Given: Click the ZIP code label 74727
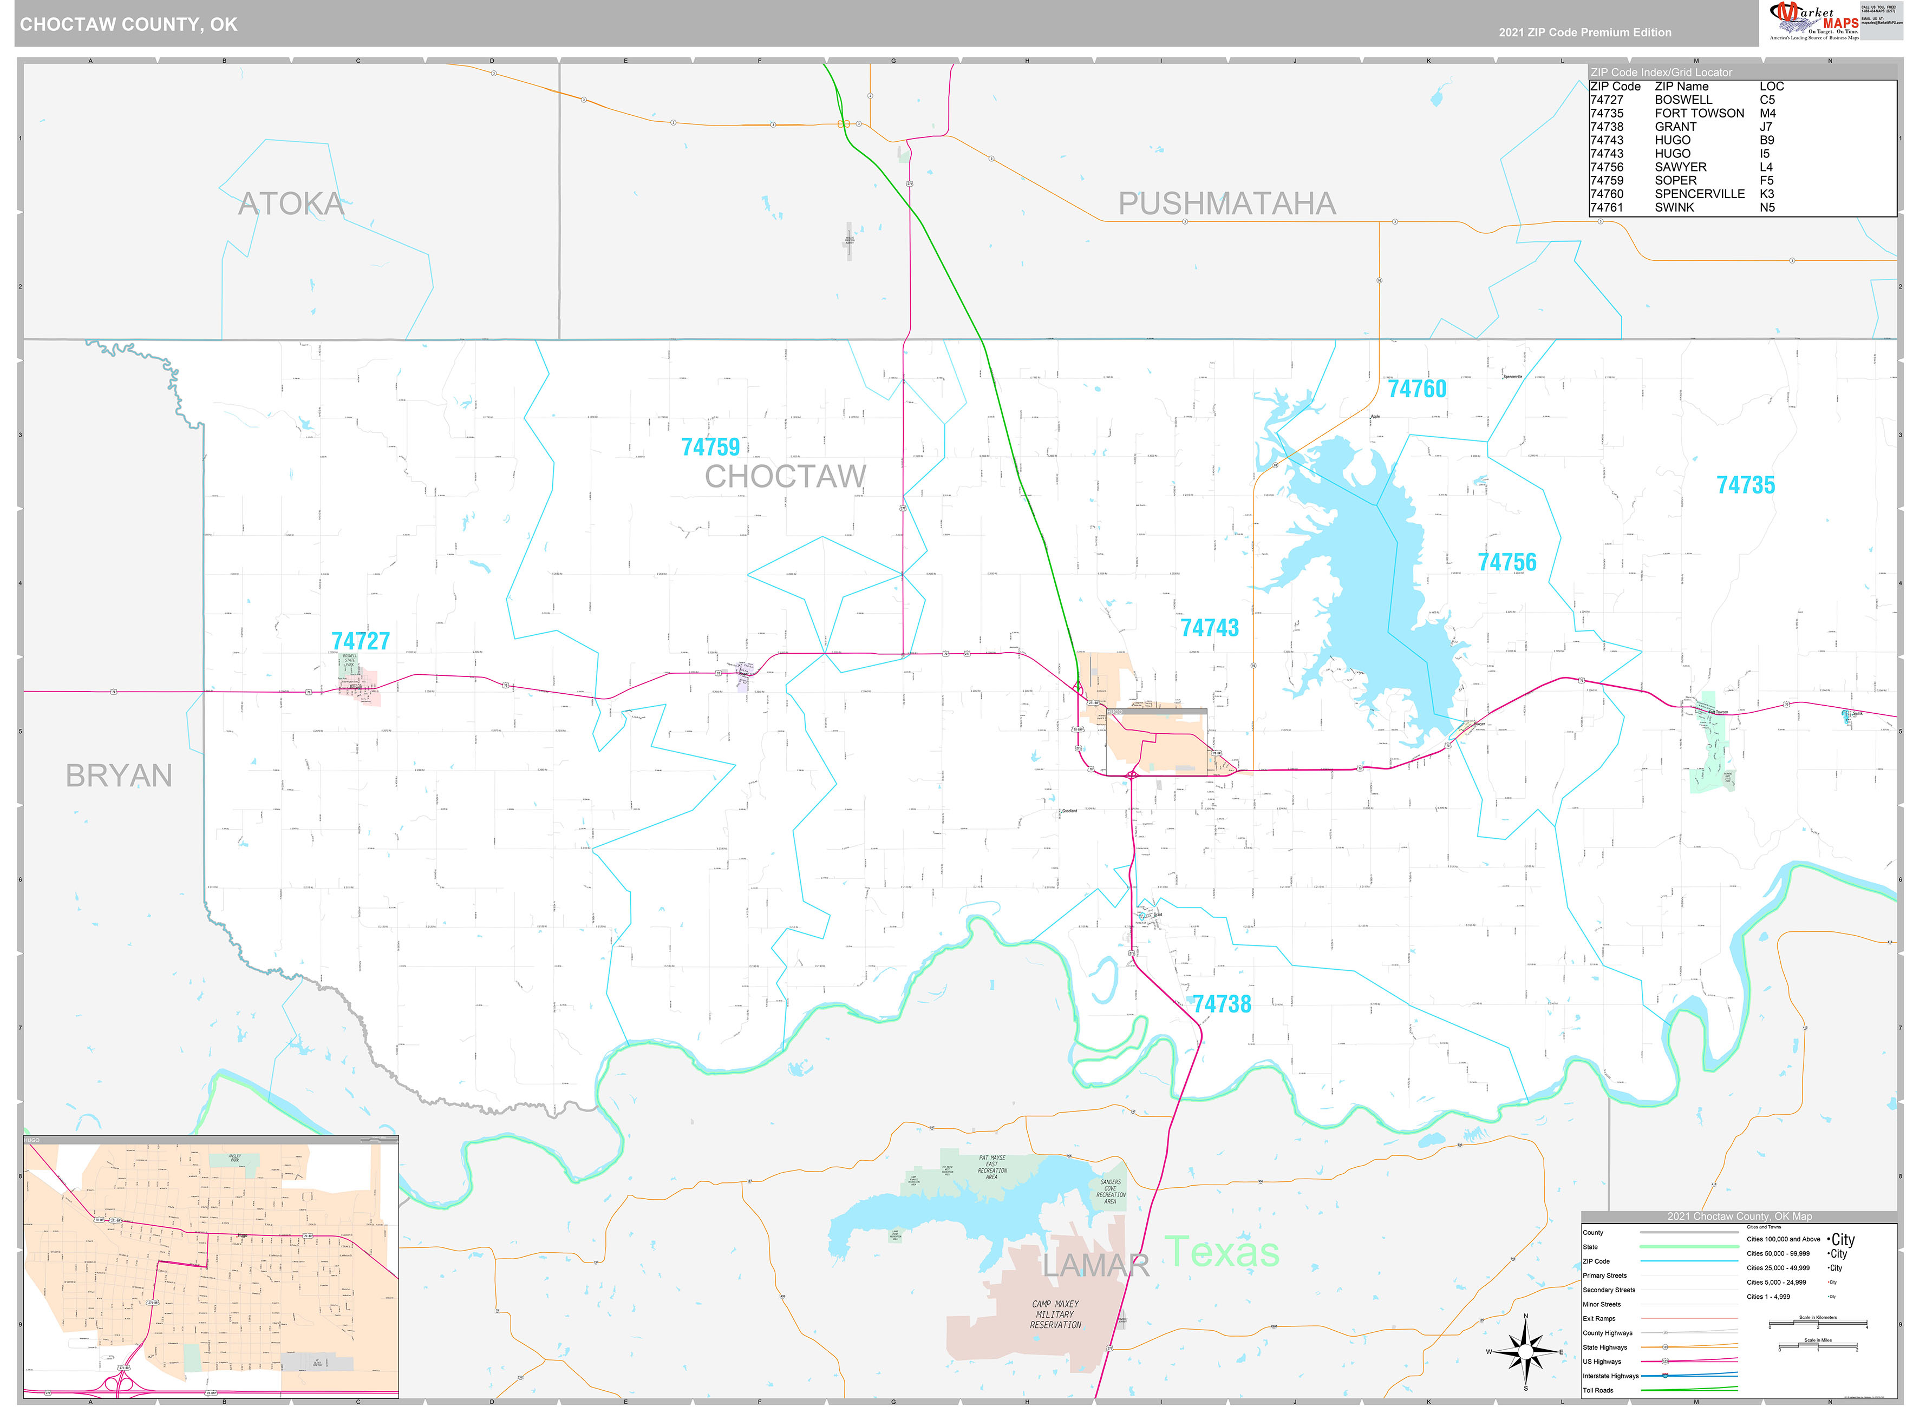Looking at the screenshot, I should [361, 641].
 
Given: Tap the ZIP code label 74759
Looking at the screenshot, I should [710, 447].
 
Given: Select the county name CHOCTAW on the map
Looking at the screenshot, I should [785, 477].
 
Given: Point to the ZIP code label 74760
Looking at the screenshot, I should [1416, 389].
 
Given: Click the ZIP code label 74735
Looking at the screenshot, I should [1745, 485].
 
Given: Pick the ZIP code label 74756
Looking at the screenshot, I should [1506, 562].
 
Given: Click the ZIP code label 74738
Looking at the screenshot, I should [1221, 1004].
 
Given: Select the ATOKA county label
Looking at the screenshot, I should [291, 203].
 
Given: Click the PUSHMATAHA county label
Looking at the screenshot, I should [1226, 203].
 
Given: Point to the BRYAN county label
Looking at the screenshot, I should [119, 776].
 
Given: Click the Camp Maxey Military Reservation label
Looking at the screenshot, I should [1055, 1314].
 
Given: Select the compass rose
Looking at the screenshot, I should [1525, 1351].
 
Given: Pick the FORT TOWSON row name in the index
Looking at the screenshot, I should [1699, 113].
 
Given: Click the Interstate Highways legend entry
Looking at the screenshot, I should [1610, 1376].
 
